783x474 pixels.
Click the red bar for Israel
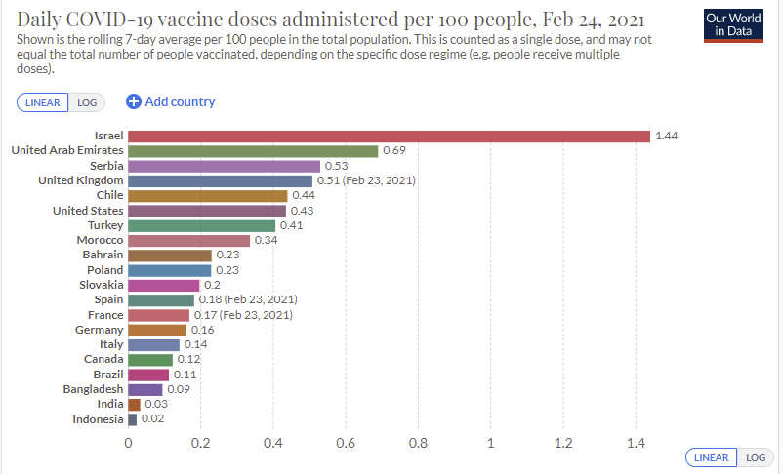pyautogui.click(x=389, y=136)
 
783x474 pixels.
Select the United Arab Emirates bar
pyautogui.click(x=253, y=151)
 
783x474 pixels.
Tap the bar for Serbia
pyautogui.click(x=224, y=166)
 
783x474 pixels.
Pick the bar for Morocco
pyautogui.click(x=189, y=240)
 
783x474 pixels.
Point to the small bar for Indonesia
pyautogui.click(x=133, y=419)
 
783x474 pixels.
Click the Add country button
pyautogui.click(x=171, y=101)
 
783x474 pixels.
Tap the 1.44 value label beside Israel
pyautogui.click(x=666, y=136)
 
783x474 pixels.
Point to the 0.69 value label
pyautogui.click(x=393, y=151)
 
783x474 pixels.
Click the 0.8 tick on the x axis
pyautogui.click(x=418, y=443)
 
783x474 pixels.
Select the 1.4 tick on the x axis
pyautogui.click(x=636, y=443)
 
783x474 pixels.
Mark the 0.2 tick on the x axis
pyautogui.click(x=200, y=443)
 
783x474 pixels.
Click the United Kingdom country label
pyautogui.click(x=80, y=180)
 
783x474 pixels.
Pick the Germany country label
pyautogui.click(x=101, y=330)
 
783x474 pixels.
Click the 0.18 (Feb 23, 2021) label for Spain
pyautogui.click(x=248, y=299)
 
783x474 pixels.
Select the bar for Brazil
pyautogui.click(x=148, y=375)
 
